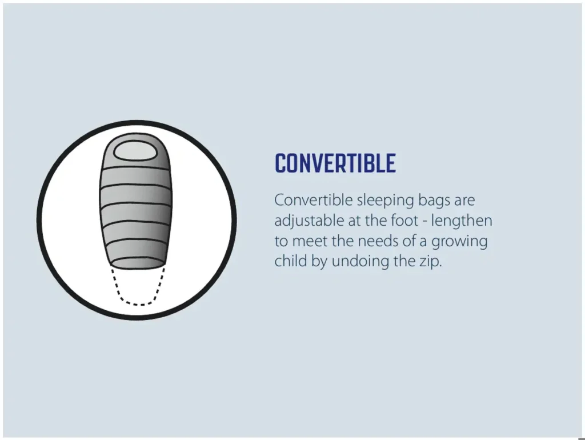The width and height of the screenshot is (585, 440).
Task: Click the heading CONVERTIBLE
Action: click(335, 163)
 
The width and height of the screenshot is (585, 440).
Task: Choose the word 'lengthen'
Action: click(462, 221)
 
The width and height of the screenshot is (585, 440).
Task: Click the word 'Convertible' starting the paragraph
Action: click(314, 201)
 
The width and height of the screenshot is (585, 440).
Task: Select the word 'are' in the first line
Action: click(464, 202)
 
